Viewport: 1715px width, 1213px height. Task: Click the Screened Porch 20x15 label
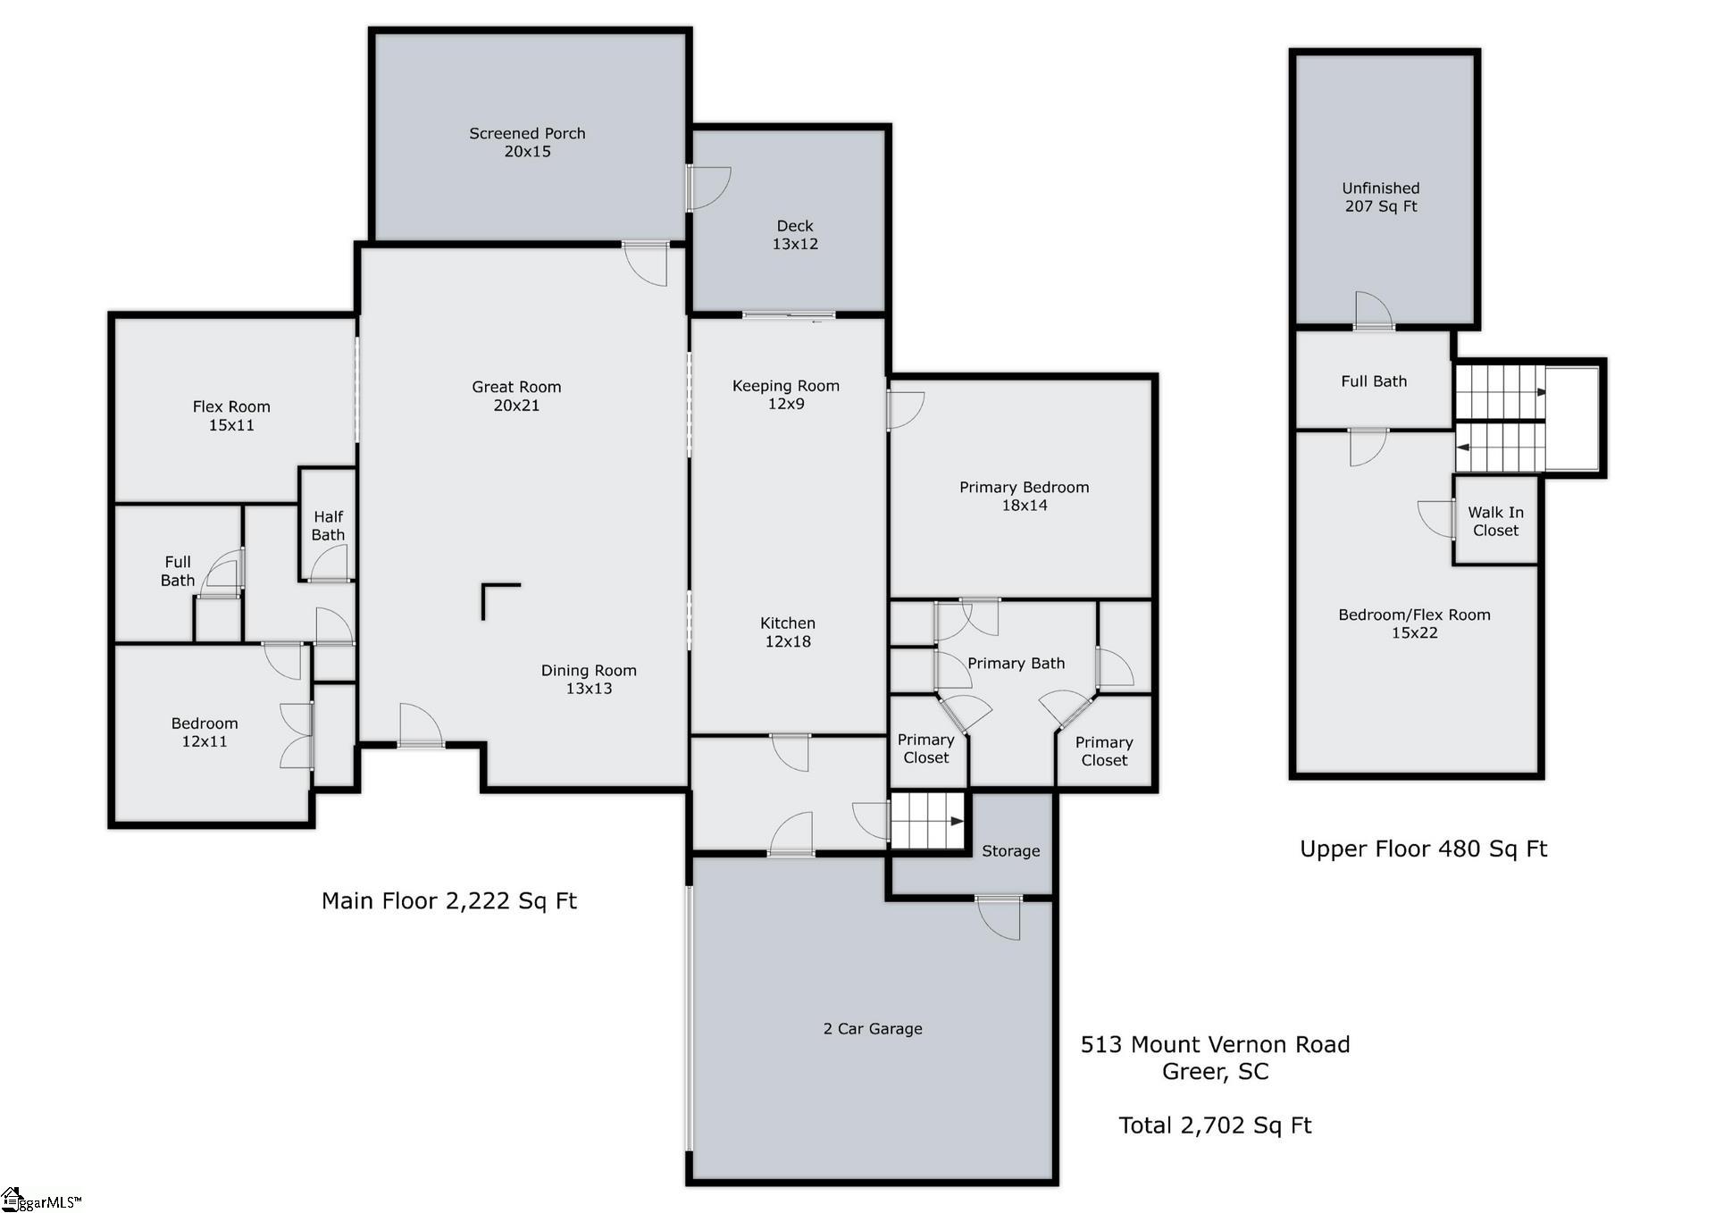coord(527,142)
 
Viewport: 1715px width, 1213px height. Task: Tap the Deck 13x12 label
coord(795,235)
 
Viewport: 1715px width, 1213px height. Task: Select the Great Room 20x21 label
coord(516,396)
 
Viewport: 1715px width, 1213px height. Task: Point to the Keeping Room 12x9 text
coord(785,394)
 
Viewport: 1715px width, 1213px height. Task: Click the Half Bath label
coord(328,525)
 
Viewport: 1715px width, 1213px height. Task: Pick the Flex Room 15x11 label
coord(230,415)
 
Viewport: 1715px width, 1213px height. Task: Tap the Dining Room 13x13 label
coord(589,679)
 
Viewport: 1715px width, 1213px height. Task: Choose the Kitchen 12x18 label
coord(787,632)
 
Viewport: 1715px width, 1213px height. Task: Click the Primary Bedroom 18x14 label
coord(1024,496)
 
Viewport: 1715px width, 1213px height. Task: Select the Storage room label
coord(1010,851)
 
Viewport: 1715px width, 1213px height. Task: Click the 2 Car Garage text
coord(872,1029)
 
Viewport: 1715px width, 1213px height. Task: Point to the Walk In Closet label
coord(1495,521)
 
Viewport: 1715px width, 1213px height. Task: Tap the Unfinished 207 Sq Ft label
coord(1380,197)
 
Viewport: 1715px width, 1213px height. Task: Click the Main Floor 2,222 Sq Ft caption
coord(448,900)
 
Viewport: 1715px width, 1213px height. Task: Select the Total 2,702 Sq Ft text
coord(1215,1125)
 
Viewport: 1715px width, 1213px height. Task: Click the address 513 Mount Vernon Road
coord(1215,1044)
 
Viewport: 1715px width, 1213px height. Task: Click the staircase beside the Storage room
coord(927,821)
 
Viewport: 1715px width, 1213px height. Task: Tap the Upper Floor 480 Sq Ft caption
coord(1423,849)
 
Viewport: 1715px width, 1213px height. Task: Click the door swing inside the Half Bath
coord(329,564)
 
